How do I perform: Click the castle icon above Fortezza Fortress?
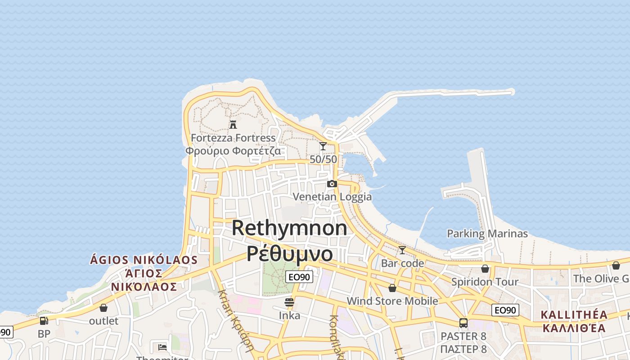[233, 124]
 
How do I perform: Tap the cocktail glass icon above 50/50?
[323, 146]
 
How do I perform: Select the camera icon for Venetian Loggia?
[332, 184]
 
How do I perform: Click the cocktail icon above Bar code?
[402, 250]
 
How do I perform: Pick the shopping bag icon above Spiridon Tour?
[485, 269]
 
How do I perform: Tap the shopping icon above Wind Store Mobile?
[392, 288]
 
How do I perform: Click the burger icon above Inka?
[289, 302]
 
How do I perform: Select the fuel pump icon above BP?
[44, 321]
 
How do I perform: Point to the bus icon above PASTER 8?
[463, 323]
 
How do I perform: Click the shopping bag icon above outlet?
[103, 308]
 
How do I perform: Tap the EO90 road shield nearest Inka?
[299, 277]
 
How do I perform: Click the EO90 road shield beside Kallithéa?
[505, 310]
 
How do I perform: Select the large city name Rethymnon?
[289, 228]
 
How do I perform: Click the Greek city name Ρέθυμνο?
[289, 253]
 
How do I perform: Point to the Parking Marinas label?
[487, 234]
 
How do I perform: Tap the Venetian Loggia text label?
[332, 197]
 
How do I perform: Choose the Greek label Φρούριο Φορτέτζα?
[233, 151]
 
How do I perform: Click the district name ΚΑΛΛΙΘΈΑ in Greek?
[574, 328]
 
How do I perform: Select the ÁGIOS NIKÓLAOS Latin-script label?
[144, 260]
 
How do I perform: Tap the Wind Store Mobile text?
[392, 301]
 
